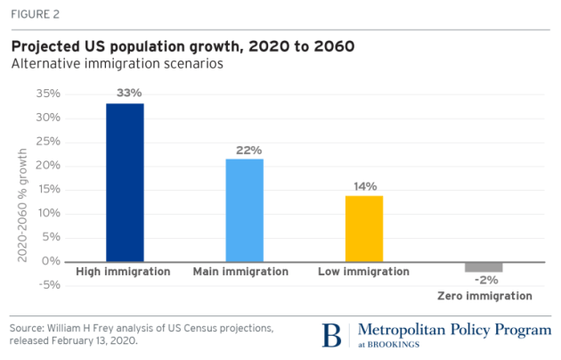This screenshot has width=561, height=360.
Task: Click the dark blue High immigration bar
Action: [x=125, y=182]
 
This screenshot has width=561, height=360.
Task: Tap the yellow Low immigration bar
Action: [x=364, y=228]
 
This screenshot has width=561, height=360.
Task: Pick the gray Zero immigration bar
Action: [x=484, y=266]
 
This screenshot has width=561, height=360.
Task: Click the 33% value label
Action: [x=125, y=92]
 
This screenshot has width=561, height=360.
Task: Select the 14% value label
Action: [x=364, y=184]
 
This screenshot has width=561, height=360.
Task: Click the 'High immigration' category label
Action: [x=123, y=271]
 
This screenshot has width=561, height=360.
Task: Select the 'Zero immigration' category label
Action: [x=484, y=296]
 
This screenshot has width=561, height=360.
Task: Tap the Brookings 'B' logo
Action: [x=331, y=336]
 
